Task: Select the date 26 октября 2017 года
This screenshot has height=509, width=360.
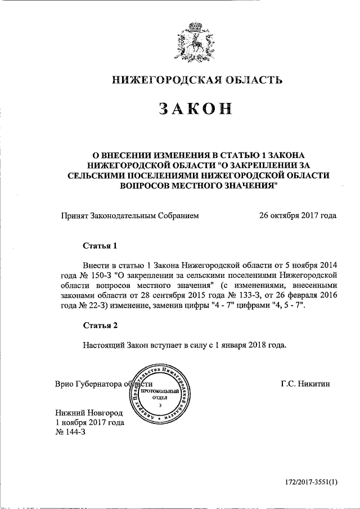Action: pos(298,215)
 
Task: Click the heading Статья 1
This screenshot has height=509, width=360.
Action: pos(101,246)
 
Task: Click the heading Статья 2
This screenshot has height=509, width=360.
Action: pos(101,325)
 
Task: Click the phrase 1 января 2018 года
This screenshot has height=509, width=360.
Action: pos(251,345)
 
